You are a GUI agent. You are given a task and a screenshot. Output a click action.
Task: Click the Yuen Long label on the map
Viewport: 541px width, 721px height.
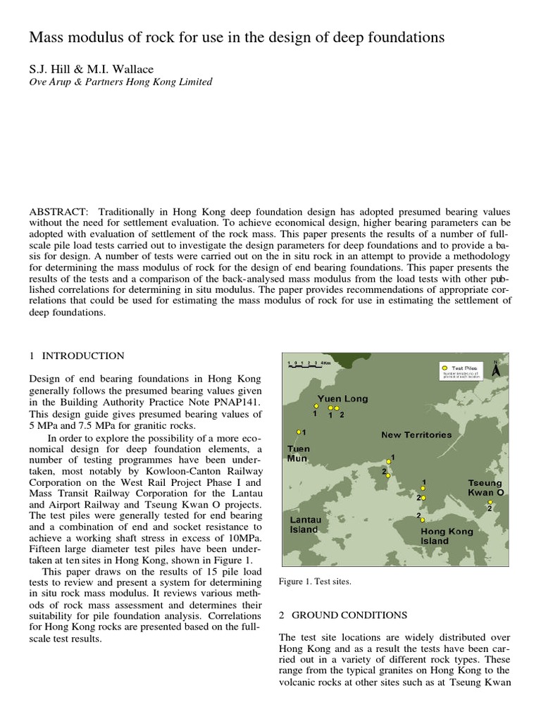[x=342, y=399]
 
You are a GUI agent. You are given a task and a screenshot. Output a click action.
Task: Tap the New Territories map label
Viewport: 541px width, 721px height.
[x=416, y=434]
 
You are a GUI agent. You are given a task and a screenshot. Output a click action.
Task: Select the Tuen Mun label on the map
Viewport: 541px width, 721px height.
[x=298, y=453]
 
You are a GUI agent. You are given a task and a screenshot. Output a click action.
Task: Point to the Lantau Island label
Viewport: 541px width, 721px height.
[x=304, y=525]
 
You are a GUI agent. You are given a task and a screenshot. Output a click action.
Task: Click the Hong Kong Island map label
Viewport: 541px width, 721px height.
[x=447, y=537]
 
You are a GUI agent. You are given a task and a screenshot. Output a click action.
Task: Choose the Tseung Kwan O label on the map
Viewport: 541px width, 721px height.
[x=486, y=488]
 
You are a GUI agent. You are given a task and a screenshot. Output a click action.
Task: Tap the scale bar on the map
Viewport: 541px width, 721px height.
[x=309, y=363]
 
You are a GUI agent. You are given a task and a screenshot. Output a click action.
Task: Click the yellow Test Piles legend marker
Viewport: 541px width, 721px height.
[x=444, y=368]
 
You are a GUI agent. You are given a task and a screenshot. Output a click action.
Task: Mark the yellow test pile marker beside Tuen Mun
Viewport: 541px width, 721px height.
[x=299, y=432]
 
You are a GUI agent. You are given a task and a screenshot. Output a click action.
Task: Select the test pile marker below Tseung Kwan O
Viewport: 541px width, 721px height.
[x=490, y=502]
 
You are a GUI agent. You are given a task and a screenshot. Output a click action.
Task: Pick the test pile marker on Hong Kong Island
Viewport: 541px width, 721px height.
[x=423, y=520]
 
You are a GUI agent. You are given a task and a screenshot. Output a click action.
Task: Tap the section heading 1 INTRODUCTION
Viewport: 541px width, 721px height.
[x=77, y=356]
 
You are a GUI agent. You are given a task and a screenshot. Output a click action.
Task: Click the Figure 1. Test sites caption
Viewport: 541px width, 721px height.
[x=315, y=582]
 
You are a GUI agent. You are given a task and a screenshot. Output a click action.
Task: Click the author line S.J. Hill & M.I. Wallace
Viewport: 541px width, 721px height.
[x=91, y=69]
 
